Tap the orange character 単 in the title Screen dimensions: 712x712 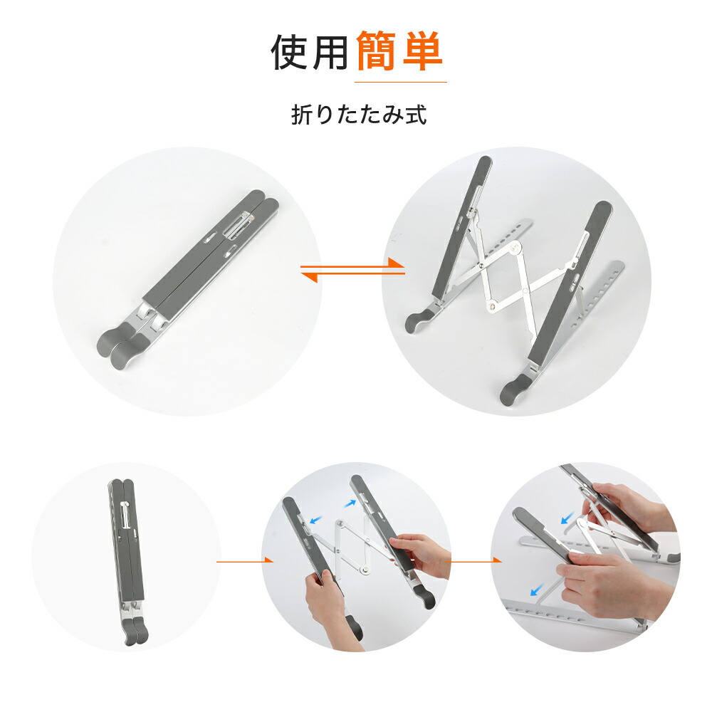[422, 51]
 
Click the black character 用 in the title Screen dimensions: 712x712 [331, 52]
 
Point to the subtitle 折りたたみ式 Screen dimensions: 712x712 [359, 115]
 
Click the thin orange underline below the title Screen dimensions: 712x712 [400, 82]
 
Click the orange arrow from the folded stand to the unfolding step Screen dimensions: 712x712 [245, 561]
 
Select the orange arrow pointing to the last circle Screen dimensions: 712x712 [473, 561]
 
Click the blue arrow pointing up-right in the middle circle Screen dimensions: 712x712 [350, 503]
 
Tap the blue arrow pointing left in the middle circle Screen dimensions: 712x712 [315, 520]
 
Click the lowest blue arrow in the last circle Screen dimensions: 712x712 [537, 590]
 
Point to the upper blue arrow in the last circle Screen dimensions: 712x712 [567, 518]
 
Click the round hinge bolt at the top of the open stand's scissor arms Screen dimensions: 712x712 [515, 248]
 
